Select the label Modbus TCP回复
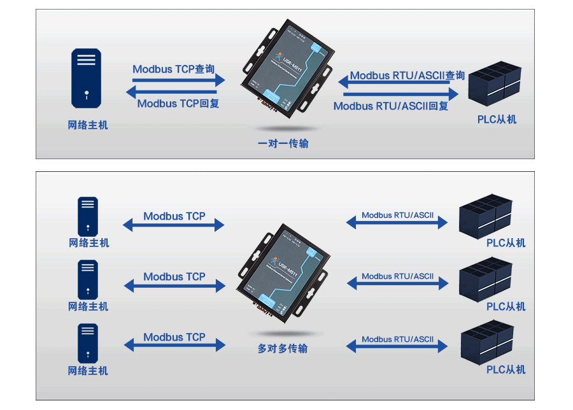(178, 103)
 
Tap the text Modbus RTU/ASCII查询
(407, 76)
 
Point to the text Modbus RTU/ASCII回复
(391, 106)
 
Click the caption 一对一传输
(283, 143)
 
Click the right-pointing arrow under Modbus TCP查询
(179, 80)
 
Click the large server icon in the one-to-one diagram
(87, 78)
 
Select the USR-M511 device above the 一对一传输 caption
(286, 67)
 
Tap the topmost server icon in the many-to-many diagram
(88, 216)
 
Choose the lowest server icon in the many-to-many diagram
(88, 343)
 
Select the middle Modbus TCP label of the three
(174, 276)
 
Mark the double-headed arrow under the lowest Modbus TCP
(174, 345)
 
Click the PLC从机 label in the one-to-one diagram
(497, 119)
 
